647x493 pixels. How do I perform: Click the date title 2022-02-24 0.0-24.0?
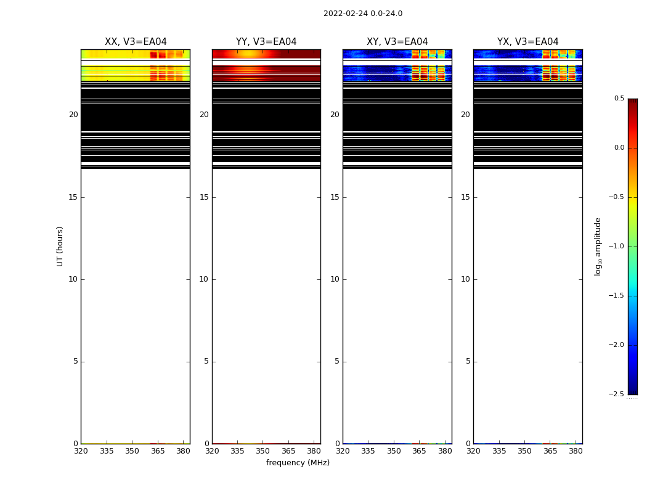(x=362, y=14)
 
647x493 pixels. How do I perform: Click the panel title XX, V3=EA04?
(x=136, y=42)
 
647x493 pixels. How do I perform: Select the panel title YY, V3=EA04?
(x=266, y=42)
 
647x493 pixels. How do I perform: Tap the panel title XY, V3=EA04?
(x=397, y=42)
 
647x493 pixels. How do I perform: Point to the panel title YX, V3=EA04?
(x=527, y=42)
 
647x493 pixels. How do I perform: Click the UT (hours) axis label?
(x=60, y=246)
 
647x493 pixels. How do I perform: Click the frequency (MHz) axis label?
(x=298, y=463)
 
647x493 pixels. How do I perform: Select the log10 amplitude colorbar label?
(x=598, y=246)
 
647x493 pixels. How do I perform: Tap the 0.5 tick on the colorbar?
(x=619, y=99)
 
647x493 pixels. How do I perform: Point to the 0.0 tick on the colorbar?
(x=619, y=148)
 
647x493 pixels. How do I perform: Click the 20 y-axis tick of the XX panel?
(x=73, y=115)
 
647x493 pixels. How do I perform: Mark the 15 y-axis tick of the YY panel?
(x=204, y=197)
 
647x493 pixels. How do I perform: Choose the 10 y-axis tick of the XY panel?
(x=335, y=279)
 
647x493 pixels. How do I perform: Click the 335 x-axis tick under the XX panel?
(x=107, y=451)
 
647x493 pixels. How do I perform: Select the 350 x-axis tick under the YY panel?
(x=263, y=451)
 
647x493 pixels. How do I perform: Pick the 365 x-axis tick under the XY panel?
(x=419, y=451)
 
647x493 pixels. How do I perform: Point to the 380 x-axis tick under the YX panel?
(x=576, y=451)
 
